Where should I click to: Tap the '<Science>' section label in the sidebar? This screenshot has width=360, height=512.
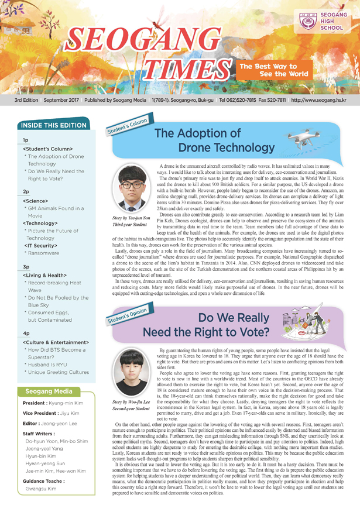(x=35, y=201)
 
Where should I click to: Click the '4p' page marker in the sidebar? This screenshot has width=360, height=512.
(x=26, y=331)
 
